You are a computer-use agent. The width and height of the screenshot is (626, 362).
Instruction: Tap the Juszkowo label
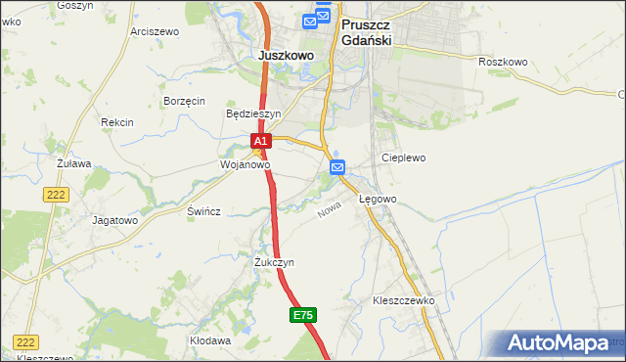(x=286, y=56)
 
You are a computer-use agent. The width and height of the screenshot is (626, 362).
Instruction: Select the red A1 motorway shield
(x=260, y=142)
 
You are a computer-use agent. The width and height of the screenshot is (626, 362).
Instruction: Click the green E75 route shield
(x=302, y=315)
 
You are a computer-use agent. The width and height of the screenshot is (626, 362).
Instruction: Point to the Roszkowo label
(x=503, y=62)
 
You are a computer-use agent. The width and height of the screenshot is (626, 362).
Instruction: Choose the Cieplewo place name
(x=404, y=157)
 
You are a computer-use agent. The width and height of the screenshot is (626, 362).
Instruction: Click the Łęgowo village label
(x=378, y=200)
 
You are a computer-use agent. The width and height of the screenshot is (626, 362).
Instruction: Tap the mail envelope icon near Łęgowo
(x=337, y=167)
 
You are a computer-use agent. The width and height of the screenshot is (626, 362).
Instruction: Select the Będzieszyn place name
(x=253, y=113)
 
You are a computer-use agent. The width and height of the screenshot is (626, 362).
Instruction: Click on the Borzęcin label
(x=184, y=101)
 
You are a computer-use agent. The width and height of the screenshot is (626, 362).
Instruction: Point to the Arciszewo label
(x=155, y=31)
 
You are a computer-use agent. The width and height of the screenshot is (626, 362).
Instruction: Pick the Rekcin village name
(x=116, y=122)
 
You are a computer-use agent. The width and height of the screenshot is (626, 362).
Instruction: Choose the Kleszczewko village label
(x=403, y=300)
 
